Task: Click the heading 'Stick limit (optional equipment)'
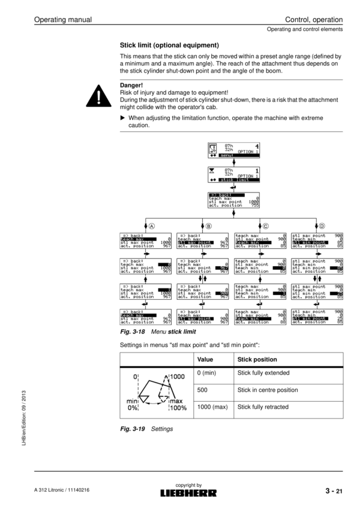point(169,45)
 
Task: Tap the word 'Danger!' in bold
point(133,86)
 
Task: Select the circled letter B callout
point(209,226)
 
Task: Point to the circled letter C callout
point(265,226)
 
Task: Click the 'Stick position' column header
point(257,360)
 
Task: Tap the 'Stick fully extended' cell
point(263,373)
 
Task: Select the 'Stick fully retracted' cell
point(263,407)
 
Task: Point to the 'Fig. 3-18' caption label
point(134,332)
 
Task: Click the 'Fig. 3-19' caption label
point(134,429)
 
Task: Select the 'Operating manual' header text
point(62,20)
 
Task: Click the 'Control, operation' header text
point(314,20)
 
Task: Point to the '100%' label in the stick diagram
point(178,408)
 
